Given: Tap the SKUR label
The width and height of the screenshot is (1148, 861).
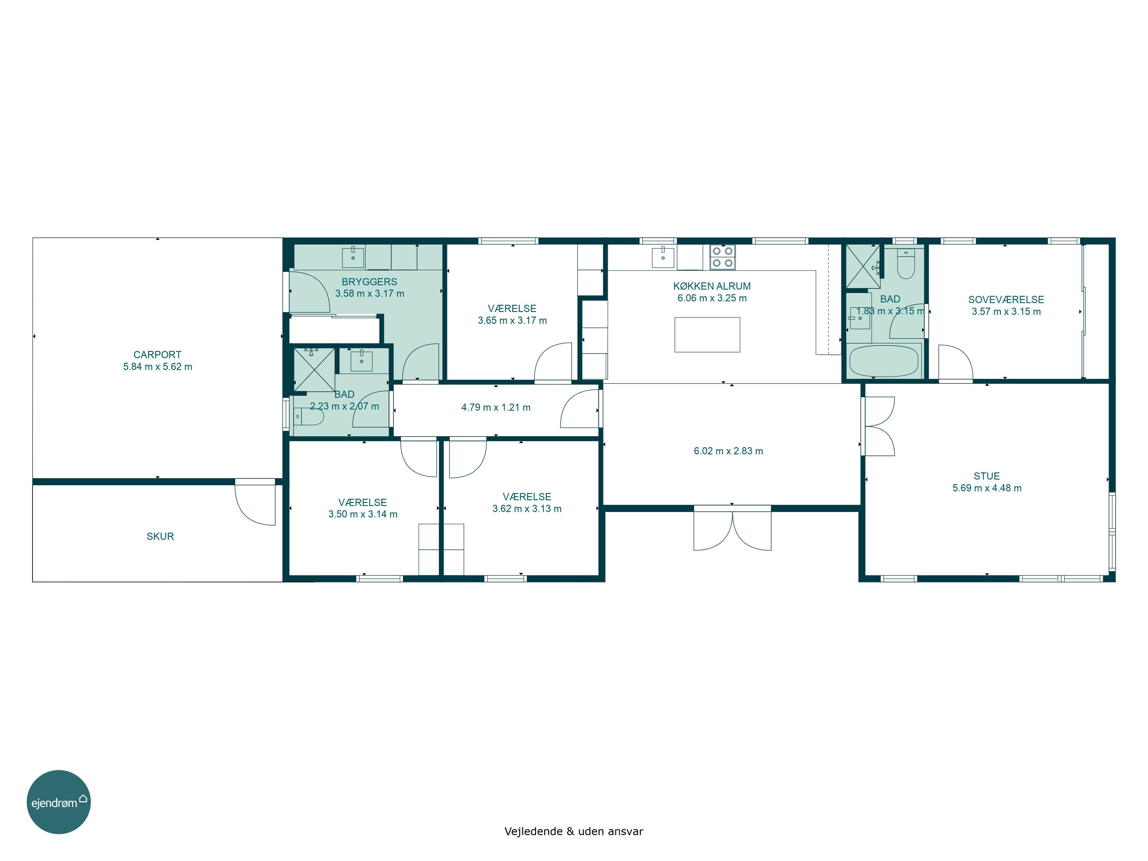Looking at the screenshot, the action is [160, 536].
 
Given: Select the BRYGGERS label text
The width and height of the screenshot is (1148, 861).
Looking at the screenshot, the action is [370, 282].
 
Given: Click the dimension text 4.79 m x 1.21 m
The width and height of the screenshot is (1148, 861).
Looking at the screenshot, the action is [496, 408].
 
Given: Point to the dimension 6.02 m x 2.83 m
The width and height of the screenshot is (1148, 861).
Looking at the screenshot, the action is [728, 451].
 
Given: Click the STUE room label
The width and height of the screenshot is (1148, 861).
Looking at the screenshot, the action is [987, 476].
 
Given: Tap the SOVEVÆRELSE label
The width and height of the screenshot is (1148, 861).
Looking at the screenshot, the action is [1006, 300].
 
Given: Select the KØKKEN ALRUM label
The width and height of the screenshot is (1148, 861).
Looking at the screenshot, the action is [711, 286].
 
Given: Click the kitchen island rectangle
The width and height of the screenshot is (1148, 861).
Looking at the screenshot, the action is [707, 335].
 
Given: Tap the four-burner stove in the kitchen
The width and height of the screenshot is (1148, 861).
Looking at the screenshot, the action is [722, 257].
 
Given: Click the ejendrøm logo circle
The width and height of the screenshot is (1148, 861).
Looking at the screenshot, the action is [59, 802].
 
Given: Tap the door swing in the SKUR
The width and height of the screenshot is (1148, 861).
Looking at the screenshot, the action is [255, 502].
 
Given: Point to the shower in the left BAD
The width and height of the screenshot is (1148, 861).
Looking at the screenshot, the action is [314, 370].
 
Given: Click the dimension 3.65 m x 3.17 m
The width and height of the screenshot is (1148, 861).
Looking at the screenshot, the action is [512, 321].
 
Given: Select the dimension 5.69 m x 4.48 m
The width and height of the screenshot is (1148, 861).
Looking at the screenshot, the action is [987, 488].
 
